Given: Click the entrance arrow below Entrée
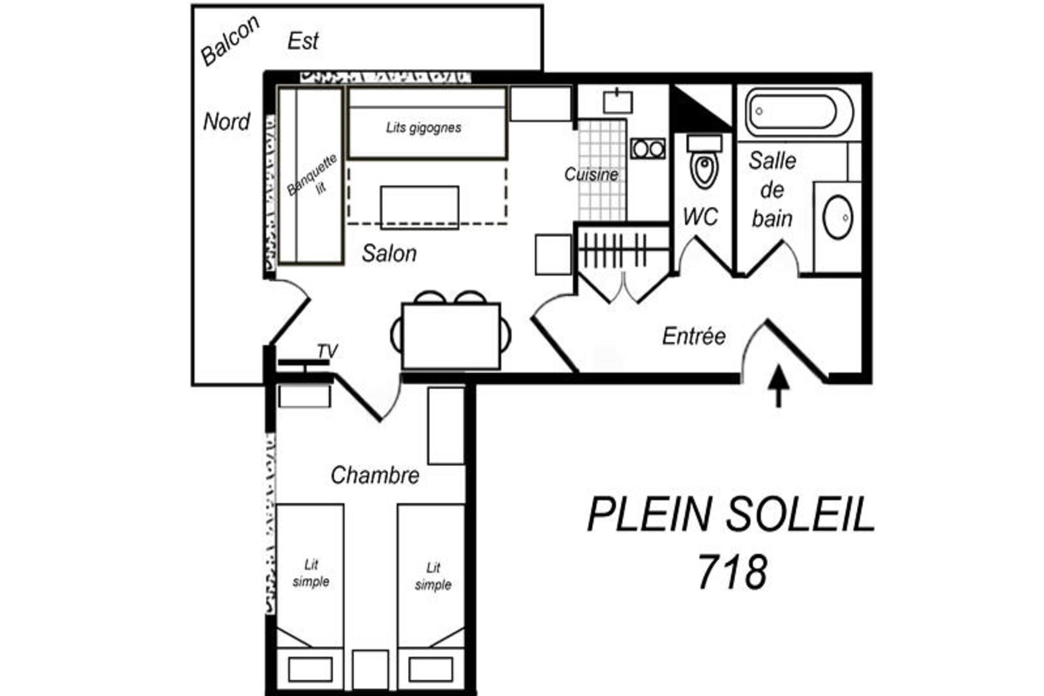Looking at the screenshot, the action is (778, 386).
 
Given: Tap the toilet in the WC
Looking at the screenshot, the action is (704, 161).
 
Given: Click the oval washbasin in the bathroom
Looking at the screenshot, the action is (838, 217).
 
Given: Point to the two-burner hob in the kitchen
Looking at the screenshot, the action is (648, 149).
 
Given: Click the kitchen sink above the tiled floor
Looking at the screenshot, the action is (618, 101).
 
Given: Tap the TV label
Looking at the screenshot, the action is (327, 351).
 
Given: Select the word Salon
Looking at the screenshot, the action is (389, 253).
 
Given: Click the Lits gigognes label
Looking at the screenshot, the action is (424, 127).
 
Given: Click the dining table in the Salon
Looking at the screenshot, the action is (451, 336).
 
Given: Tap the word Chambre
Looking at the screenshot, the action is (375, 475).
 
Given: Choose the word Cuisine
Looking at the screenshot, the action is (591, 174).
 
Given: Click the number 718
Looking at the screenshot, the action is (732, 572).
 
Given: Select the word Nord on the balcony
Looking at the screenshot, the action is (226, 122).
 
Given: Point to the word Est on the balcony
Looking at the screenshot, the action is (303, 41).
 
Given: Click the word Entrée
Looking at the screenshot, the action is (694, 336).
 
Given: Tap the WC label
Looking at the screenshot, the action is (700, 217).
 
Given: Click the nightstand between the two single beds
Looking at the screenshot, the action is (371, 669).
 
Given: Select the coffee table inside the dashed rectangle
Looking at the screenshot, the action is (420, 208).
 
